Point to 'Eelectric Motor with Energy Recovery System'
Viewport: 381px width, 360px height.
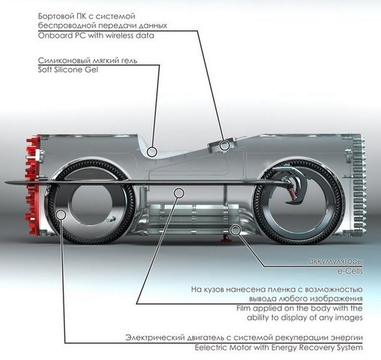tap(243, 347)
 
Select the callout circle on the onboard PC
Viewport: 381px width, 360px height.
tap(224, 144)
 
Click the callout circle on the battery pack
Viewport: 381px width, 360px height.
tap(235, 229)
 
